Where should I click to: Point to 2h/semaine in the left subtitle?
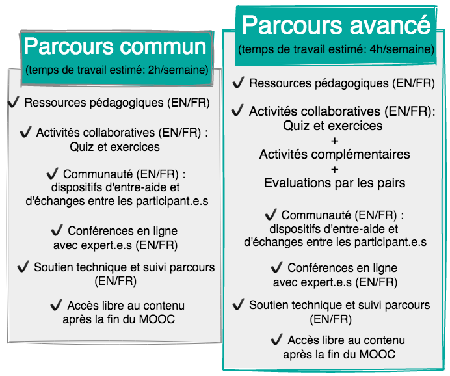[x=178, y=70]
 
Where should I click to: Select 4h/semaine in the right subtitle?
[x=402, y=49]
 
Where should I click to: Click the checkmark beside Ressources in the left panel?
[x=14, y=101]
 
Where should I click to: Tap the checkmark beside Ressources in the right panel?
[x=238, y=83]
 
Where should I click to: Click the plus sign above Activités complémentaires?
[x=335, y=141]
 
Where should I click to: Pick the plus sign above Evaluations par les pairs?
[x=335, y=169]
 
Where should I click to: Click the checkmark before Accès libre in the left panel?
[x=56, y=304]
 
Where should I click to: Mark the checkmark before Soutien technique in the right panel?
[x=238, y=304]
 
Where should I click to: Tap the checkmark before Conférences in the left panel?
[x=57, y=230]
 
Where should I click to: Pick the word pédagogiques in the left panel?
[x=127, y=103]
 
